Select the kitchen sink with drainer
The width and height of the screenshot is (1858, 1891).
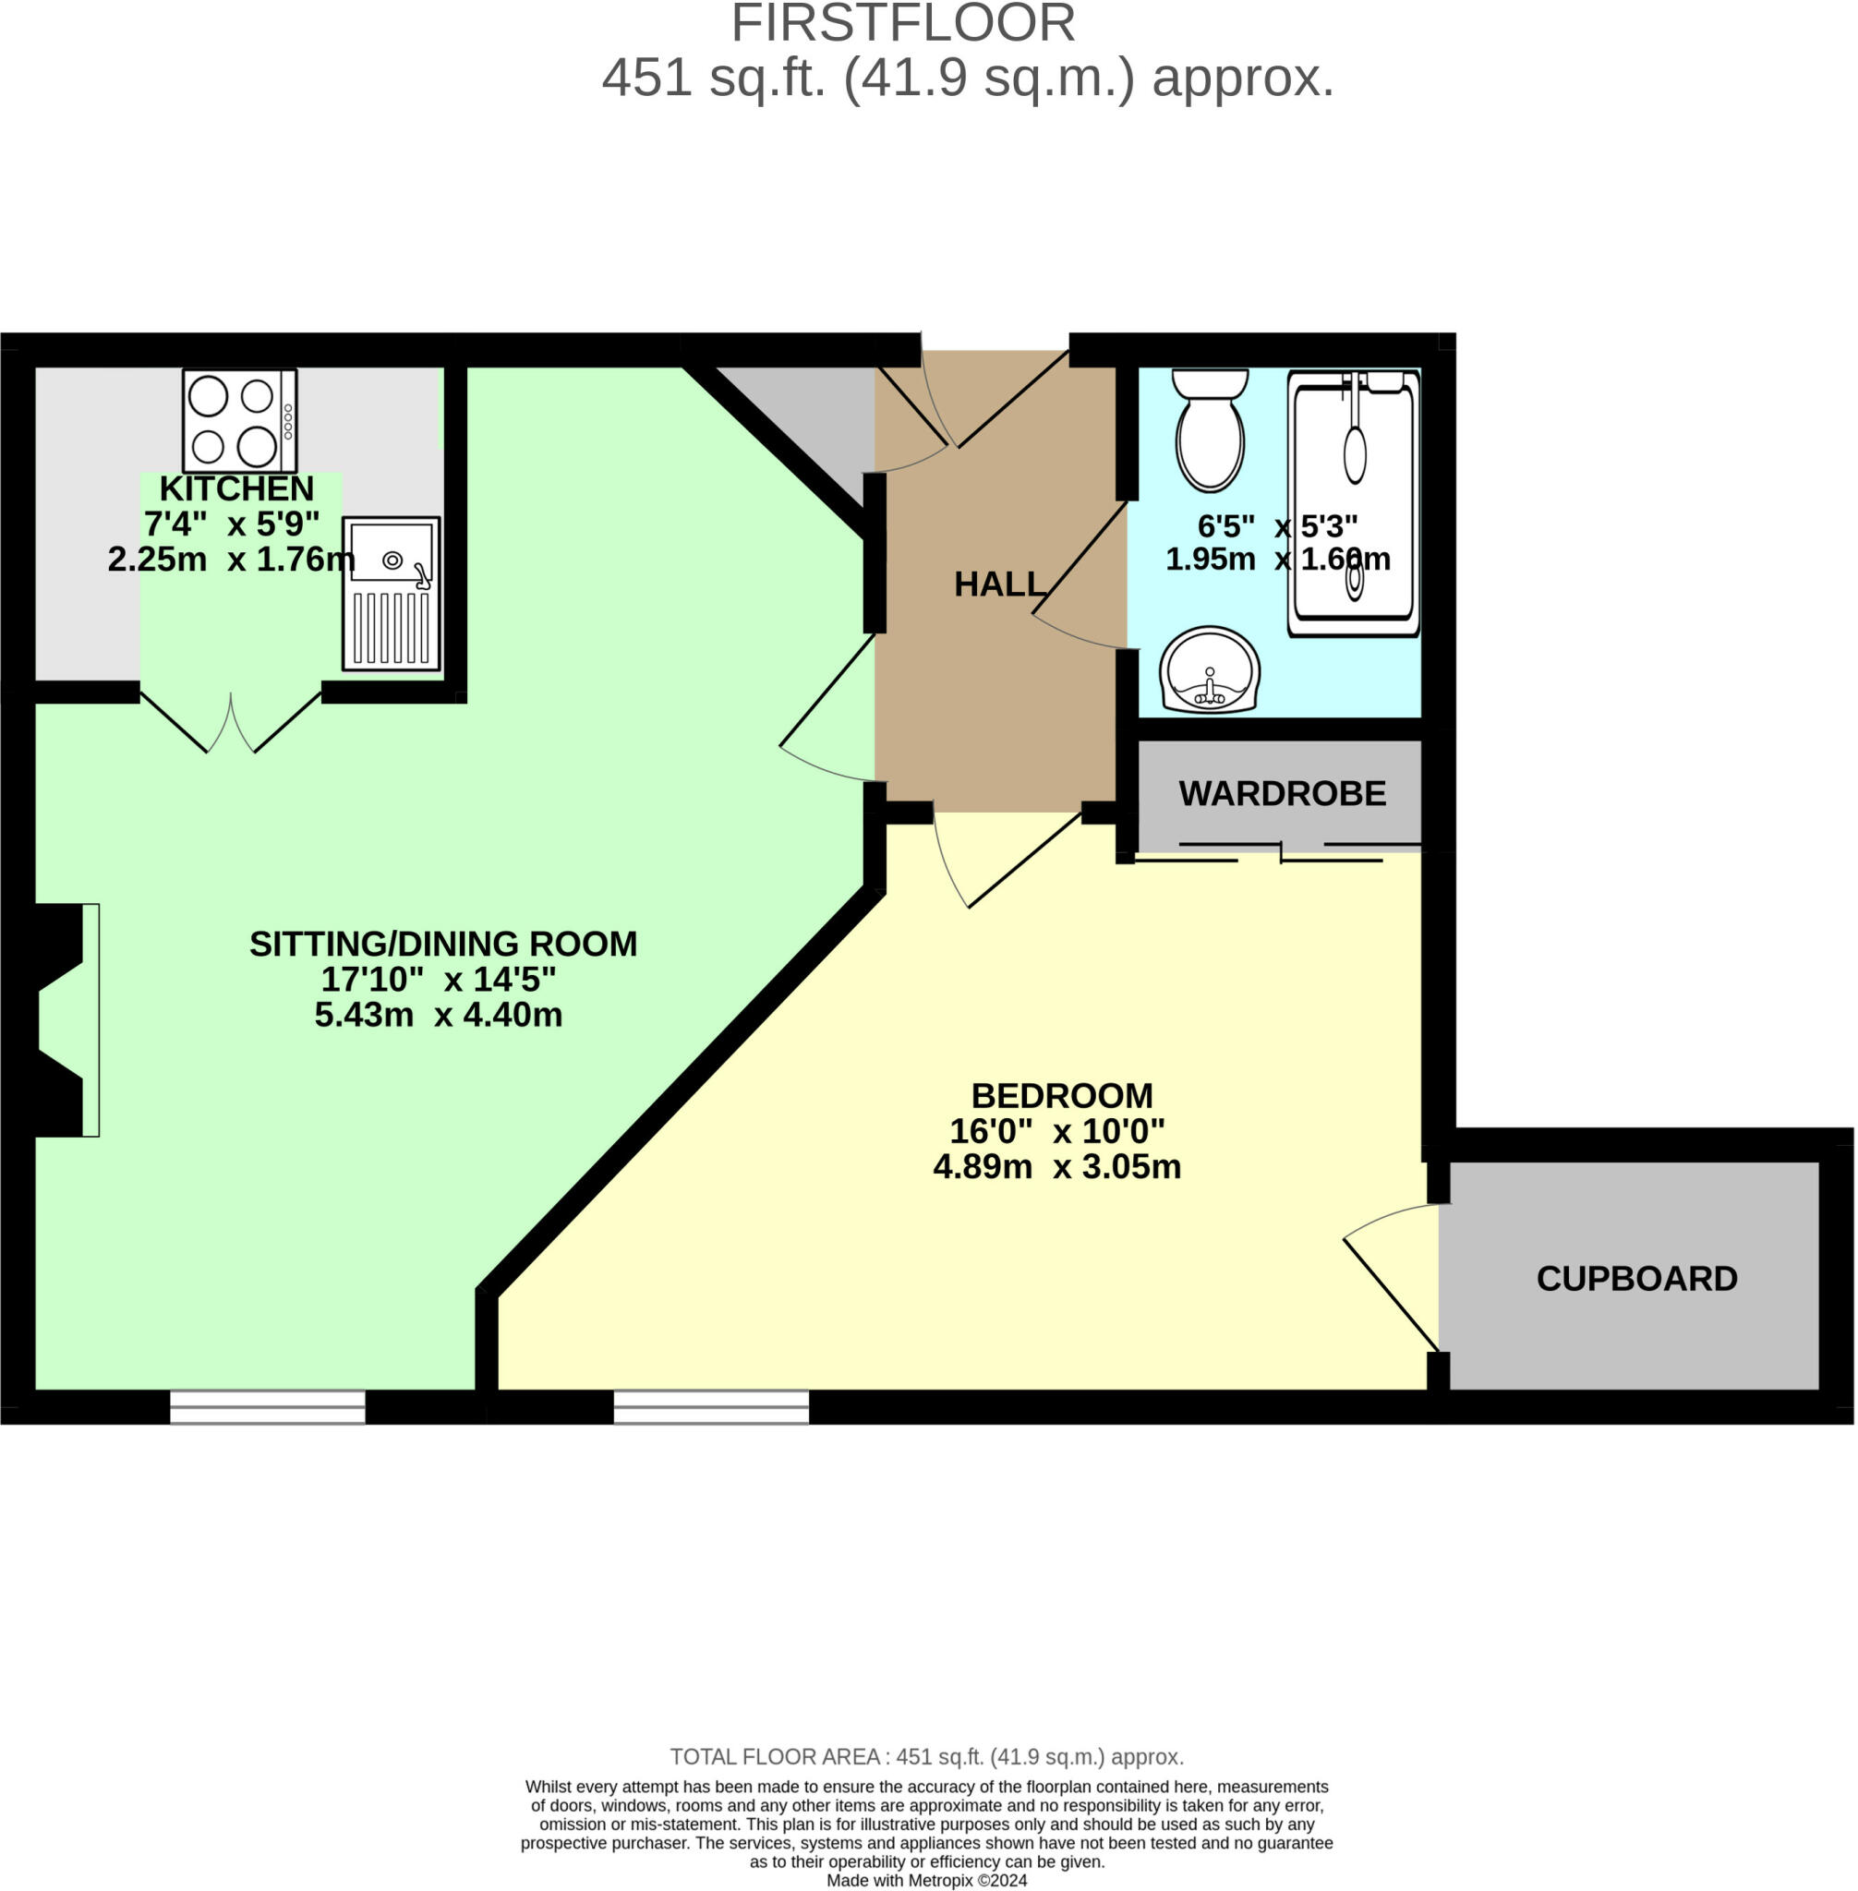coord(392,594)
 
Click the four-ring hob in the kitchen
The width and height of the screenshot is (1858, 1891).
coord(239,420)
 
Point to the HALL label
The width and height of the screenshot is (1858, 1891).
coord(999,584)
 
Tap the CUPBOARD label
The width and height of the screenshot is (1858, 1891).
coord(1636,1278)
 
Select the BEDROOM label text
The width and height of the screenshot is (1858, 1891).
coord(1062,1095)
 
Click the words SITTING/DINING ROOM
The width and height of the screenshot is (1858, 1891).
coord(443,944)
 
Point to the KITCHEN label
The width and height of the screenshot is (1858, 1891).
coord(237,488)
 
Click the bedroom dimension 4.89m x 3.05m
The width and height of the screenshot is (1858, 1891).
coord(1056,1167)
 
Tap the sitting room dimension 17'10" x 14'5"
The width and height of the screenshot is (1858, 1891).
coord(438,979)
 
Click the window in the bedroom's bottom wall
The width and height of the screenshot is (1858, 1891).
coord(711,1407)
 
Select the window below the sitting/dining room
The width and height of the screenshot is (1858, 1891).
coord(268,1407)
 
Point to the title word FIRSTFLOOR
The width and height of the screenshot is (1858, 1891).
coord(902,23)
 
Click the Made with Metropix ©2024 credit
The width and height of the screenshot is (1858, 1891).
coord(927,1880)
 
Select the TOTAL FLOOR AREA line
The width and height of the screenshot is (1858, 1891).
coord(927,1756)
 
